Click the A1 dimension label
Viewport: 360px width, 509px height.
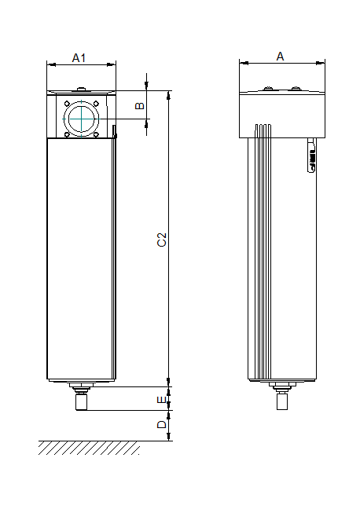tap(79, 57)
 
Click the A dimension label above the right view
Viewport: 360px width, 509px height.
tap(281, 56)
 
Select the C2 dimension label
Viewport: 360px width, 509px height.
tap(161, 240)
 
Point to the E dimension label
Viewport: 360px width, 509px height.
tap(161, 400)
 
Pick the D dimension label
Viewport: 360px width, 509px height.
tap(161, 425)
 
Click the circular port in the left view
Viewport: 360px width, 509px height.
tap(80, 118)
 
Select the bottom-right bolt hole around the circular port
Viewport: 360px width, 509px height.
tap(96, 134)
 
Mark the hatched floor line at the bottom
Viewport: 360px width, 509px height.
tap(88, 448)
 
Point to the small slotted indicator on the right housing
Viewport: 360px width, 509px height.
tap(312, 157)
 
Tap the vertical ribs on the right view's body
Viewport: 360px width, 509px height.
tap(263, 251)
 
